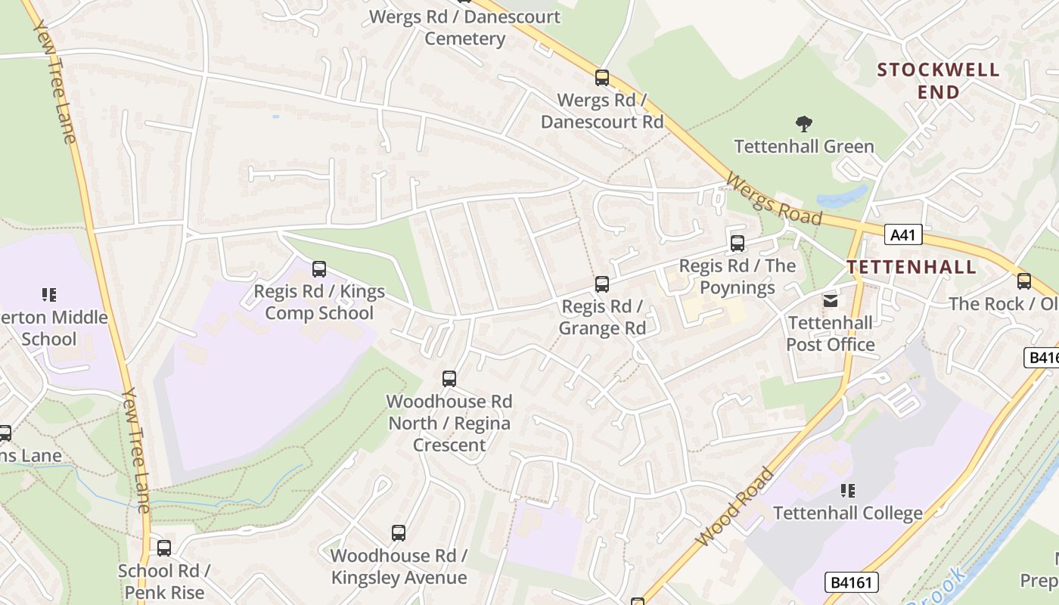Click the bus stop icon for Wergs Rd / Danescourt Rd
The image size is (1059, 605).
(x=602, y=77)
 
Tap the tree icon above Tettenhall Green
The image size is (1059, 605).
(x=804, y=123)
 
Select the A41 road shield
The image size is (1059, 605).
(x=902, y=235)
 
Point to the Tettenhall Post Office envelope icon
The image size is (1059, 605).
(x=831, y=301)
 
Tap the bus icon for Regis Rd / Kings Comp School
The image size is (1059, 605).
(x=319, y=269)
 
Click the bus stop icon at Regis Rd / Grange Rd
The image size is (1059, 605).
(x=602, y=284)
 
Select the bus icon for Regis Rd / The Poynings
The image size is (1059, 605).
(x=738, y=244)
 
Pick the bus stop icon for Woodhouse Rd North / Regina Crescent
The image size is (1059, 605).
(x=449, y=379)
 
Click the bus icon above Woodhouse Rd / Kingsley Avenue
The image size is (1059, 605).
(x=399, y=533)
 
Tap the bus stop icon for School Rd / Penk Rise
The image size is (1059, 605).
(x=164, y=548)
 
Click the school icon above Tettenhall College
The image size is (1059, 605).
(x=848, y=491)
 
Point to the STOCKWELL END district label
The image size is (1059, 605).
(x=938, y=81)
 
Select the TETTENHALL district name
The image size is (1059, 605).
(x=911, y=267)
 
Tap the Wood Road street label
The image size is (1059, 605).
(x=735, y=507)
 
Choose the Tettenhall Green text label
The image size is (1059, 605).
(x=804, y=147)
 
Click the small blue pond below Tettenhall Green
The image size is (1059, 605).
(x=842, y=197)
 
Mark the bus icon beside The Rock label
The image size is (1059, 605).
(x=1024, y=281)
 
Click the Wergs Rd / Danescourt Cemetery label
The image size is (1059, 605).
(x=464, y=27)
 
